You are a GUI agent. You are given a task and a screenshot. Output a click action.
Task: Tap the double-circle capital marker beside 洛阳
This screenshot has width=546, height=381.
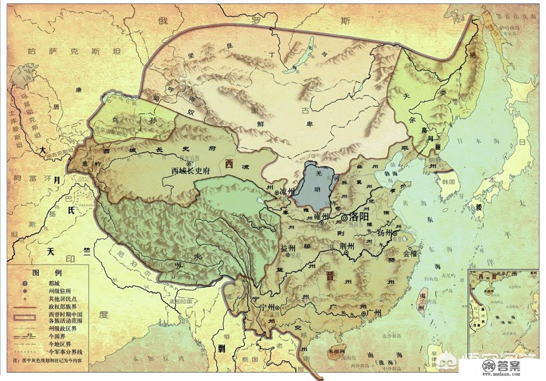point(345,217)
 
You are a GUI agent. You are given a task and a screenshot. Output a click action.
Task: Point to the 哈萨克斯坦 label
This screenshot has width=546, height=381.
point(73,52)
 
